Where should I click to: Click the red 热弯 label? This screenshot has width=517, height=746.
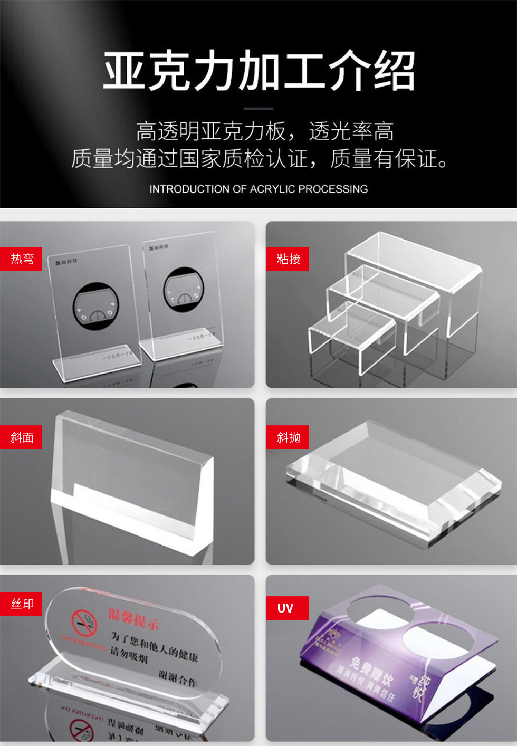click(x=22, y=259)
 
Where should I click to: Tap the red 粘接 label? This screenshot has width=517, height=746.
click(x=288, y=259)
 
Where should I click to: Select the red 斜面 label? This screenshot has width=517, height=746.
click(x=22, y=437)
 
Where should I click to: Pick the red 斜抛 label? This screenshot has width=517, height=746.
click(x=288, y=437)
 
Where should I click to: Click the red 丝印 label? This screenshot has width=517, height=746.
click(x=22, y=604)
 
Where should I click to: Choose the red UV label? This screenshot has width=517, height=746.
click(x=285, y=608)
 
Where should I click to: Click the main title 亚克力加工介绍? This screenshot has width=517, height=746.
click(x=258, y=71)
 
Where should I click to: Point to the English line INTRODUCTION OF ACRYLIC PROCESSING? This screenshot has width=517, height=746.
click(x=258, y=189)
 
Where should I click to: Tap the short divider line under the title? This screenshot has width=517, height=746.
click(x=258, y=109)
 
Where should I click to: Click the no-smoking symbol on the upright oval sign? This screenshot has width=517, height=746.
click(x=84, y=623)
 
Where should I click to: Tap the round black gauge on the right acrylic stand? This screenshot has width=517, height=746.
click(x=184, y=290)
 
